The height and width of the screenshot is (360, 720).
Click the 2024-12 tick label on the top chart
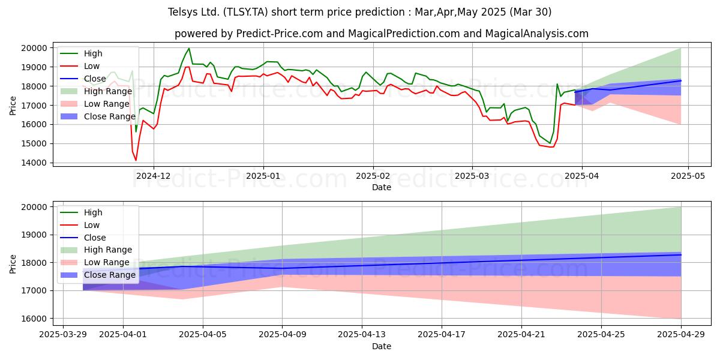pyautogui.click(x=154, y=176)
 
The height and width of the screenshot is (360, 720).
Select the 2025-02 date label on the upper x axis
pyautogui.click(x=373, y=176)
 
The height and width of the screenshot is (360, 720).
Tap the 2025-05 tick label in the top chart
pyautogui.click(x=688, y=176)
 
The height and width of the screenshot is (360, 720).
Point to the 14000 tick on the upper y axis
pyautogui.click(x=34, y=163)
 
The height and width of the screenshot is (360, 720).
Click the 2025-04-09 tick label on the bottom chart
pyautogui.click(x=282, y=335)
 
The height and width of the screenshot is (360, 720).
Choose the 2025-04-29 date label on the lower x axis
pyautogui.click(x=681, y=335)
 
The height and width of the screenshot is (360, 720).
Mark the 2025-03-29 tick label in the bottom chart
pyautogui.click(x=63, y=335)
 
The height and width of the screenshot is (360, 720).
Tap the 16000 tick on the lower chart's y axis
pyautogui.click(x=34, y=319)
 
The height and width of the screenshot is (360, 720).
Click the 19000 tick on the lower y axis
pyautogui.click(x=34, y=235)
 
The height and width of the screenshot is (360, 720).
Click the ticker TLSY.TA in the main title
pyautogui.click(x=245, y=12)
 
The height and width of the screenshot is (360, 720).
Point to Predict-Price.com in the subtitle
pyautogui.click(x=280, y=34)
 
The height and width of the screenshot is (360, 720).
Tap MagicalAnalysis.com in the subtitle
pyautogui.click(x=536, y=34)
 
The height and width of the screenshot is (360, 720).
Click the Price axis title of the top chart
pyautogui.click(x=13, y=106)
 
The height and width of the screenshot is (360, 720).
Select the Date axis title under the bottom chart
pyautogui.click(x=382, y=346)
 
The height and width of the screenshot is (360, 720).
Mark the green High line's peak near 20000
pyautogui.click(x=189, y=48)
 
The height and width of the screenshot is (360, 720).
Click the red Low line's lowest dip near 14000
pyautogui.click(x=136, y=160)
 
